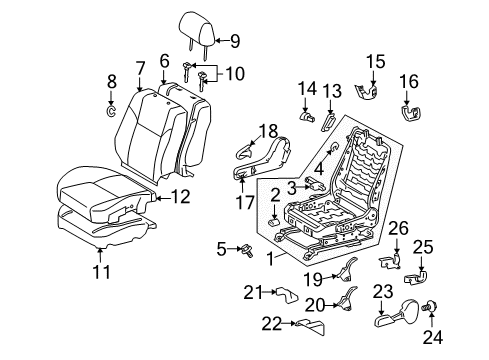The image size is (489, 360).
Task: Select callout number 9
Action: tap(236, 41)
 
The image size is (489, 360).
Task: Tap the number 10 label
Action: tap(235, 74)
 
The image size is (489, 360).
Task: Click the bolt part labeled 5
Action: tap(241, 249)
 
